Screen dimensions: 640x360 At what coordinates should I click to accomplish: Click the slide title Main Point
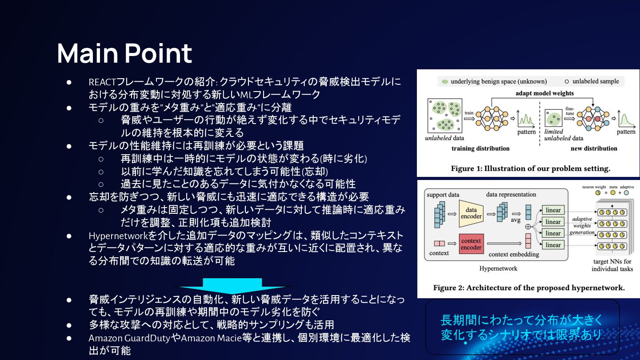coord(124,53)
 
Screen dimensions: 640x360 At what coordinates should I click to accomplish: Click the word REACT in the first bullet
coord(102,82)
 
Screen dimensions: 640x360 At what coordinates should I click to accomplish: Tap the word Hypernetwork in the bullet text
coord(118,236)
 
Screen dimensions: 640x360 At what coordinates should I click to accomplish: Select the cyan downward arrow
coord(232,286)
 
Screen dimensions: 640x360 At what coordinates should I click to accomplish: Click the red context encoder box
coord(471,244)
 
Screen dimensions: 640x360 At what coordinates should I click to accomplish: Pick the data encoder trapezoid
coord(471,213)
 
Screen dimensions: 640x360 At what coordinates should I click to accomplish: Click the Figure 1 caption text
coord(531,168)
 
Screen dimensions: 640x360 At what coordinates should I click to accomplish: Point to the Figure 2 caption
coord(529,288)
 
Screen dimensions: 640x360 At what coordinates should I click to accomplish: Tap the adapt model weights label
coord(544,93)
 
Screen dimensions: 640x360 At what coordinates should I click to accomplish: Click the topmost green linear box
coord(553,210)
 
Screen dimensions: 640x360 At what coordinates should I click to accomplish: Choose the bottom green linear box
coord(553,245)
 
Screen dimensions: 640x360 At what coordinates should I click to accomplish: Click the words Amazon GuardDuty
coord(129,338)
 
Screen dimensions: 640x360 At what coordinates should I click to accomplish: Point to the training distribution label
coord(480,148)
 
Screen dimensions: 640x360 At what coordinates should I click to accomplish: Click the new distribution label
coord(594,148)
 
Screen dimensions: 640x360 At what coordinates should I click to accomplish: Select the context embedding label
coord(514,254)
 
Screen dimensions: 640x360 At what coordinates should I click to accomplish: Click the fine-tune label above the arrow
coord(570,111)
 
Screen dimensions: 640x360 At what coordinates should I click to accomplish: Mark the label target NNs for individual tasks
coord(612,265)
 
